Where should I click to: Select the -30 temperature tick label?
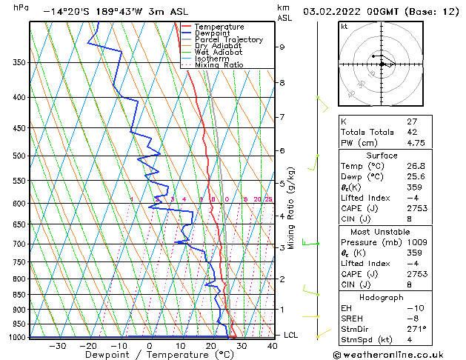[x=57, y=345]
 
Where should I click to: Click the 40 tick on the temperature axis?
[x=273, y=345]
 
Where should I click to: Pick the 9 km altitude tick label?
[x=282, y=47]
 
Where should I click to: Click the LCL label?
[x=290, y=336]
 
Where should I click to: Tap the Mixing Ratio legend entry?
[x=219, y=65]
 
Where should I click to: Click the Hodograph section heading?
[x=382, y=297]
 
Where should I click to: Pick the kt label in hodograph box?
[x=344, y=27]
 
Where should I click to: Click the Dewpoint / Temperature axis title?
[x=150, y=355]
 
